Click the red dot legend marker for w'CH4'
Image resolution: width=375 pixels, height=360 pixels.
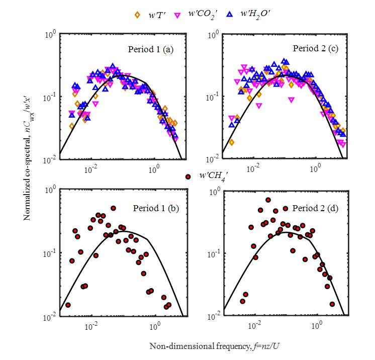point(173,176)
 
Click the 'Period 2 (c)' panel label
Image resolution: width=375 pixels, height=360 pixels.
point(310,49)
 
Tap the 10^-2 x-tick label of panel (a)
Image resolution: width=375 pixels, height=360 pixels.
point(91,169)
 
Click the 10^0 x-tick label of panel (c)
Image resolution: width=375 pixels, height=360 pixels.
point(316,169)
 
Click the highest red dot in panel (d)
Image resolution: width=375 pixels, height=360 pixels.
point(268,200)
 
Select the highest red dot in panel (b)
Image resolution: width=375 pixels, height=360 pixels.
point(113,208)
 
